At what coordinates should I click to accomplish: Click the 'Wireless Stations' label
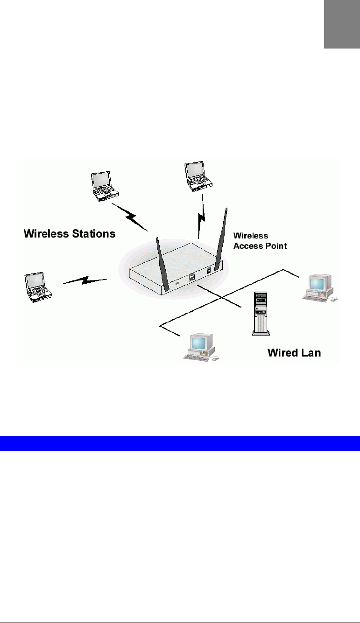(x=70, y=233)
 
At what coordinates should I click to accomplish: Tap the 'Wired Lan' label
(x=294, y=353)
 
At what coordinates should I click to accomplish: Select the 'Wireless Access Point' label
(x=260, y=241)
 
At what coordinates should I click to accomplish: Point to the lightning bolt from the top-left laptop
(x=129, y=216)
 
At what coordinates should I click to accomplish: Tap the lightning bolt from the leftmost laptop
(x=85, y=281)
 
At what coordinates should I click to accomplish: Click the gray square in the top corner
(x=342, y=24)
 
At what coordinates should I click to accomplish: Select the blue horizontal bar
(x=180, y=443)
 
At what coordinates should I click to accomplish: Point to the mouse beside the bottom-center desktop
(x=215, y=359)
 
